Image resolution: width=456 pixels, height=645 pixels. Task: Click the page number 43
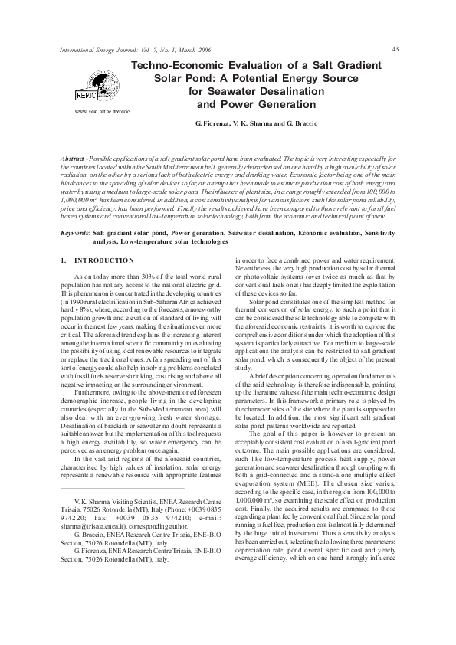click(395, 48)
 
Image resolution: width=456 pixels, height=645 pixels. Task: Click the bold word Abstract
click(74, 157)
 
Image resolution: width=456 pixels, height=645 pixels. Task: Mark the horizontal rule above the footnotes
click(122, 467)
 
